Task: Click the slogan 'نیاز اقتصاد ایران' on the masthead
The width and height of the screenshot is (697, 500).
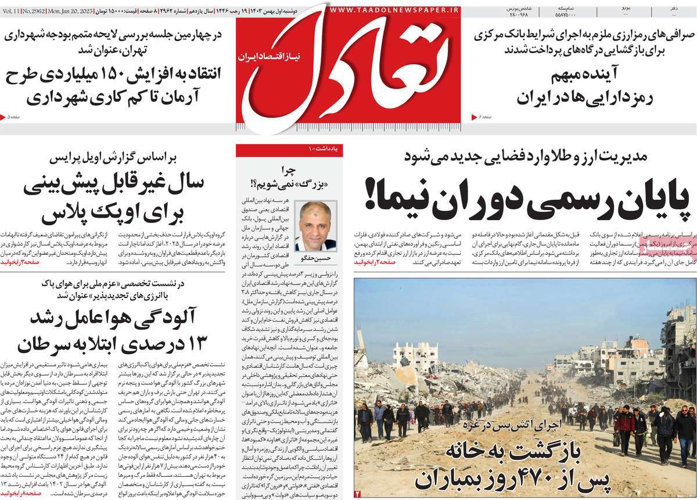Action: click(264, 57)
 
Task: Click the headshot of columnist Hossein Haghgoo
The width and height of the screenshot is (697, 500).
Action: click(315, 226)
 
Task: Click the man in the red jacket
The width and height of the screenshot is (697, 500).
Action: click(625, 427)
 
